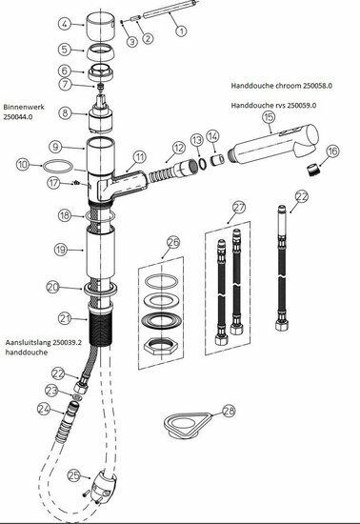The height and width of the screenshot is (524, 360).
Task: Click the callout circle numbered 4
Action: (65, 24)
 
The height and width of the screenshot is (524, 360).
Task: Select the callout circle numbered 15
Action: (270, 117)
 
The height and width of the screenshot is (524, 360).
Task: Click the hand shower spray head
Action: (274, 145)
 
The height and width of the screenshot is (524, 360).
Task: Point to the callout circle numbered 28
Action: (229, 411)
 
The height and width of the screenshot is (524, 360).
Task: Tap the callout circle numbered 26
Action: (173, 243)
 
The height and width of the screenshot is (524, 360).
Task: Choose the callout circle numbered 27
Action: (239, 208)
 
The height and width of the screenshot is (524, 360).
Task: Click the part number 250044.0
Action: (18, 117)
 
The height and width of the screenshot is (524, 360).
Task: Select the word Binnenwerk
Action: (24, 108)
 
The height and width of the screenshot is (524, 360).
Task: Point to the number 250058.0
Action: (317, 86)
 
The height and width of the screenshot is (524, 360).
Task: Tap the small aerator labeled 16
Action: (312, 171)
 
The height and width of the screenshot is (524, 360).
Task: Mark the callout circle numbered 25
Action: (74, 475)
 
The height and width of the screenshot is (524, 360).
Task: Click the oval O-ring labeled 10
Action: (57, 166)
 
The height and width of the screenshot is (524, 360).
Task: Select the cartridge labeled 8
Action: (101, 113)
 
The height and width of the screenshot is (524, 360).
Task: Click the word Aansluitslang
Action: (28, 343)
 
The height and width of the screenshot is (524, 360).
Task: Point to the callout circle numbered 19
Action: (60, 250)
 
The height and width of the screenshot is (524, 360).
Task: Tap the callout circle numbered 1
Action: (181, 30)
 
